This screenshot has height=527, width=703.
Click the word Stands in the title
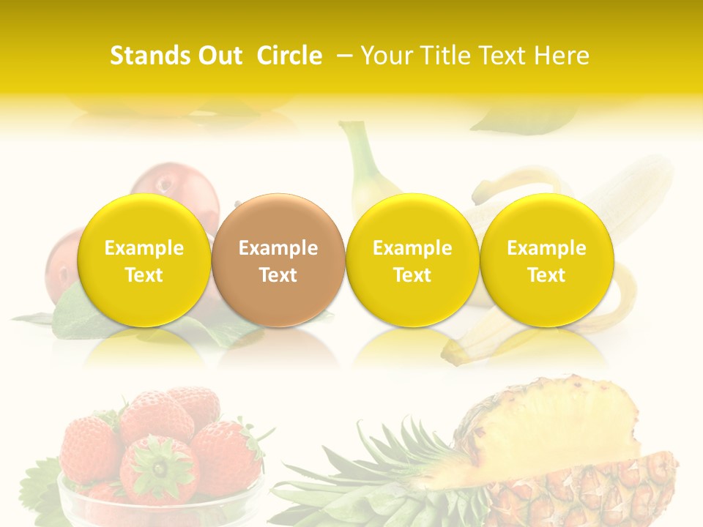coord(149,56)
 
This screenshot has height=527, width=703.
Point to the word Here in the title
coord(562,56)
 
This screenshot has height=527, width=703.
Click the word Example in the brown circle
coord(278,248)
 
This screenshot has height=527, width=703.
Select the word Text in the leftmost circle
coord(144,275)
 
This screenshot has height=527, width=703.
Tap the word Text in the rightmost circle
coord(546,275)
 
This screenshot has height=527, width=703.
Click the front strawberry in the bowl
coord(159,468)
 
